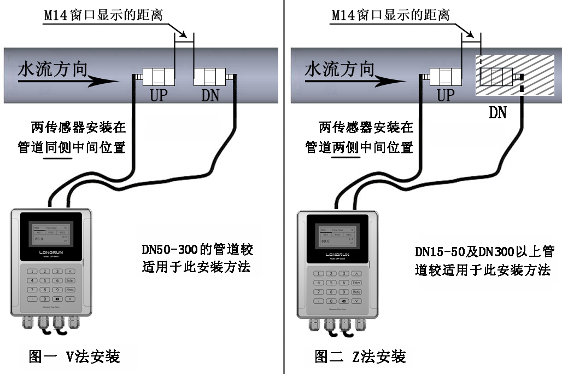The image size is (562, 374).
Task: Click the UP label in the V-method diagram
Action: click(x=159, y=95)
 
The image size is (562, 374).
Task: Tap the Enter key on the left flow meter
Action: click(x=69, y=281)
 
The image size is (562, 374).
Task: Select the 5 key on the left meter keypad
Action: click(x=46, y=281)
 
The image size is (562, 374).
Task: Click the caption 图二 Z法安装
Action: click(x=361, y=357)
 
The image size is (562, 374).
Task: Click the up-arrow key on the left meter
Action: click(x=69, y=272)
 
